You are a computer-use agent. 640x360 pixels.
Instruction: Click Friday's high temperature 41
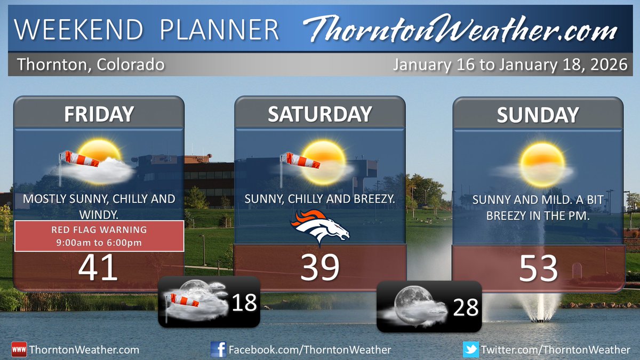click(x=98, y=268)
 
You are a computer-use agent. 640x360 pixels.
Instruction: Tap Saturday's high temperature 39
click(x=320, y=268)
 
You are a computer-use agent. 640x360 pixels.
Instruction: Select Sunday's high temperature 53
click(x=538, y=268)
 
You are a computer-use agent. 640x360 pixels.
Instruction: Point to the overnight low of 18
click(x=244, y=303)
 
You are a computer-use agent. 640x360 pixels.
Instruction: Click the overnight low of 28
click(x=465, y=307)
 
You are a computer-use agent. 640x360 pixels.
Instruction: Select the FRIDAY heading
click(x=99, y=114)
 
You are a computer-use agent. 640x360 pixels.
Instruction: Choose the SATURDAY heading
click(x=320, y=114)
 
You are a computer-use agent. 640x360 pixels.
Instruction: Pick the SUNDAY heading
click(x=538, y=115)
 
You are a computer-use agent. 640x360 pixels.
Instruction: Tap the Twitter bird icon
click(x=471, y=350)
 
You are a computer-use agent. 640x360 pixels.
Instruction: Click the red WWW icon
click(x=19, y=350)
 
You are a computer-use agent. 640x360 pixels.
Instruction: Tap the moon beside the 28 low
click(x=412, y=305)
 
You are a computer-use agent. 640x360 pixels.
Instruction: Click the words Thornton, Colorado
click(x=91, y=66)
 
